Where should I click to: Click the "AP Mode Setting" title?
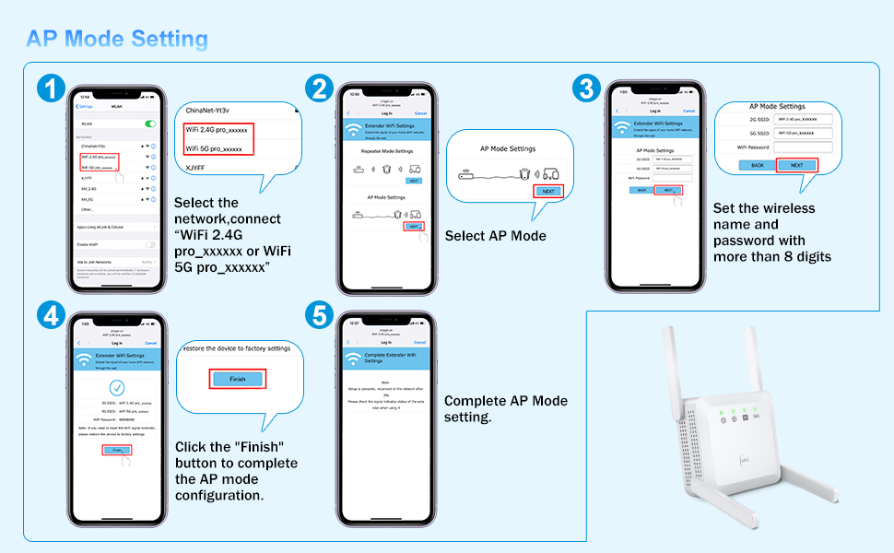point(117,39)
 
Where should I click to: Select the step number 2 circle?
point(319,88)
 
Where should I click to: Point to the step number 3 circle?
point(585,88)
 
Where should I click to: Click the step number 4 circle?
point(53,316)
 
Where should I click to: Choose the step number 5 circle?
point(319,316)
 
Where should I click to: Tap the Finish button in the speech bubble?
point(237,379)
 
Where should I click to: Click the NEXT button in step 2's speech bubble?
point(548,191)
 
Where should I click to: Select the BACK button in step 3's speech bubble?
point(757,165)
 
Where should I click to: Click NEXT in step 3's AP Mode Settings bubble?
point(797,165)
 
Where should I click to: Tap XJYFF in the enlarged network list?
point(194,168)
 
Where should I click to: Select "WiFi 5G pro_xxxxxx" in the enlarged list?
point(214,147)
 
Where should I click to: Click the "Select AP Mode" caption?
point(495,236)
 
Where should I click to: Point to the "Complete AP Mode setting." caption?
point(505,408)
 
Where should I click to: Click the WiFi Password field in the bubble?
point(804,147)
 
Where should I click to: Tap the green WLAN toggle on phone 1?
point(150,124)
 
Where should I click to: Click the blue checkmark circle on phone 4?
point(116,388)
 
